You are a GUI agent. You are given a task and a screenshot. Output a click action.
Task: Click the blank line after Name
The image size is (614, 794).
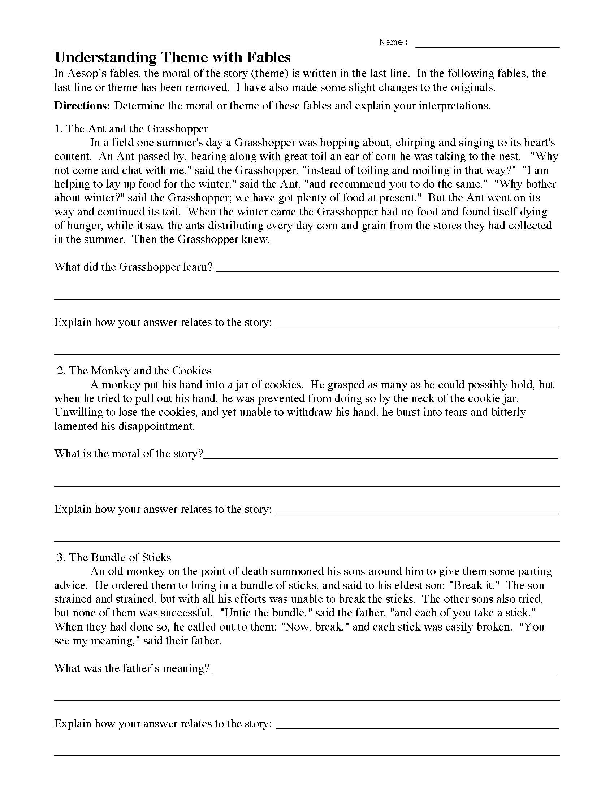pyautogui.click(x=487, y=44)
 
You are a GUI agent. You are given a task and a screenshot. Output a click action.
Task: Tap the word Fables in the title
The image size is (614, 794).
pyautogui.click(x=268, y=57)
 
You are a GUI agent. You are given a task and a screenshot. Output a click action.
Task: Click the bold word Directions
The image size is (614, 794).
pyautogui.click(x=82, y=106)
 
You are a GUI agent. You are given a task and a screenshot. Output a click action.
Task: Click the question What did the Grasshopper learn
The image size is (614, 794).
pyautogui.click(x=133, y=267)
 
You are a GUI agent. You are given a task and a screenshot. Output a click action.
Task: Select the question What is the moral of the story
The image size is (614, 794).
pyautogui.click(x=129, y=453)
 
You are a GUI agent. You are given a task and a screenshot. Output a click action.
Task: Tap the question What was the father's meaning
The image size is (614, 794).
pyautogui.click(x=132, y=668)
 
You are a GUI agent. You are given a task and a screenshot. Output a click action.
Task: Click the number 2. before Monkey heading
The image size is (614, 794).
pyautogui.click(x=61, y=370)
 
